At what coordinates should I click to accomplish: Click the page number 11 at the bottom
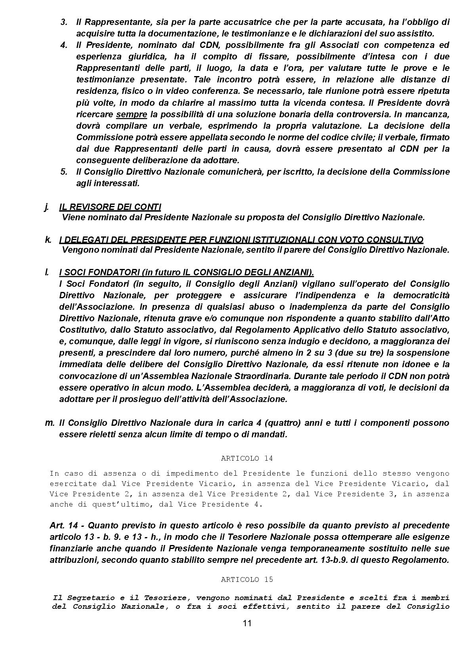point(247,623)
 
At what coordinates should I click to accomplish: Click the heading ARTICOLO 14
point(247,458)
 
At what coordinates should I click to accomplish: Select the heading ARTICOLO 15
point(247,579)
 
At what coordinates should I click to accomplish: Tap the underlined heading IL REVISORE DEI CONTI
point(110,207)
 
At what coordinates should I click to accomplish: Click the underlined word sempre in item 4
point(132,114)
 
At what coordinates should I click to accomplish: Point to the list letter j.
point(47,207)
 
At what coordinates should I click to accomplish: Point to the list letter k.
point(48,240)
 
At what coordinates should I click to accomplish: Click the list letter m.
point(50,423)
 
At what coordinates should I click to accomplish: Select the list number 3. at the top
point(64,22)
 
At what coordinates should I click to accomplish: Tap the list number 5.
point(64,172)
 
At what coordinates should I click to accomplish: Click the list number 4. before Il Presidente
point(64,45)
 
